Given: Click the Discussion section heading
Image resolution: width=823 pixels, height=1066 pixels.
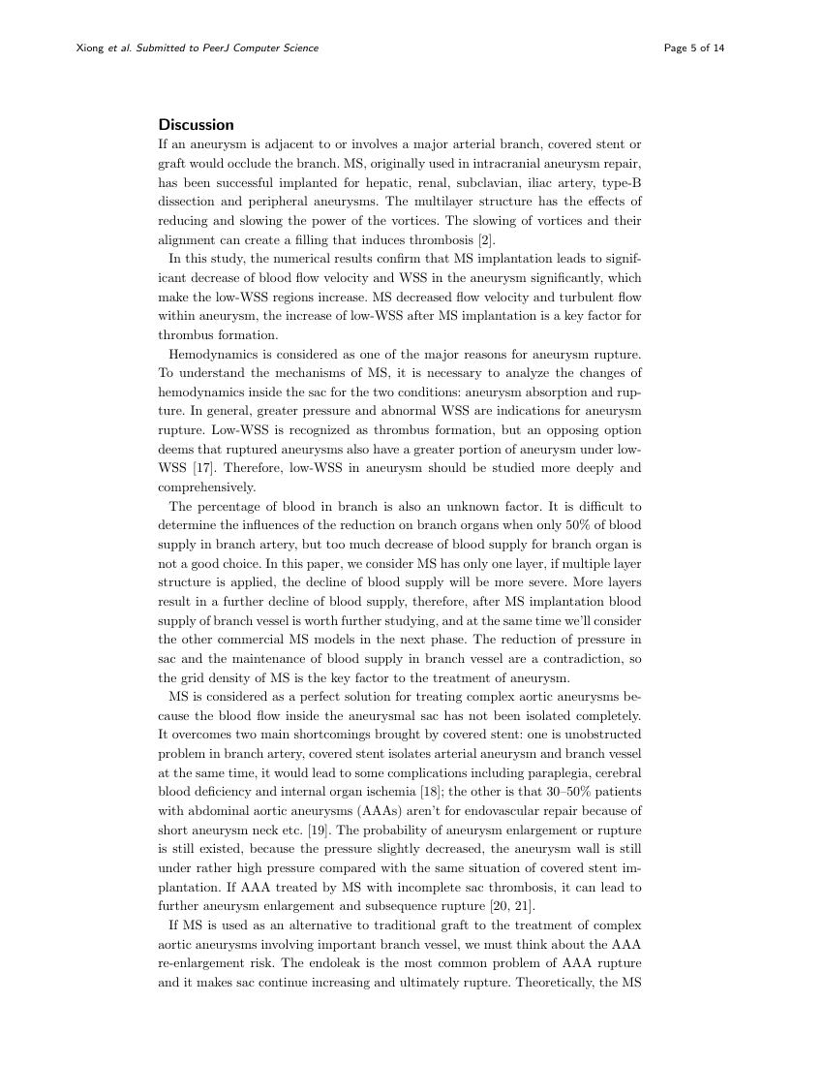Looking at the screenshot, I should click(196, 125).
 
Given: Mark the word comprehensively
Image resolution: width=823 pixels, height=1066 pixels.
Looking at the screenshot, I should click(206, 487).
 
